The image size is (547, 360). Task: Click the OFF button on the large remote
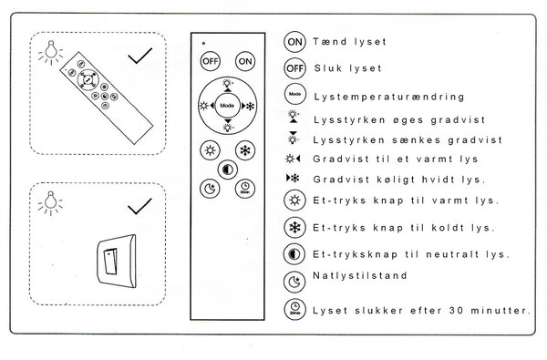click(210, 61)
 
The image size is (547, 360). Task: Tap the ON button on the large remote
click(245, 61)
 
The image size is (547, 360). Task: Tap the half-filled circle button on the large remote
click(227, 170)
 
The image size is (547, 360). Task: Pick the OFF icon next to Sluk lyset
click(294, 68)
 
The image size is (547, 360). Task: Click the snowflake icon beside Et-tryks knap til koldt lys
click(294, 226)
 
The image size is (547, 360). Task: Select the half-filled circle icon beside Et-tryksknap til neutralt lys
click(294, 254)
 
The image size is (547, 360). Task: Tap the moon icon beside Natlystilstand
click(294, 282)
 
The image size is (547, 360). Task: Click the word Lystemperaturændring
click(387, 96)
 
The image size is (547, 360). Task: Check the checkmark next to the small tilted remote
click(139, 57)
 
